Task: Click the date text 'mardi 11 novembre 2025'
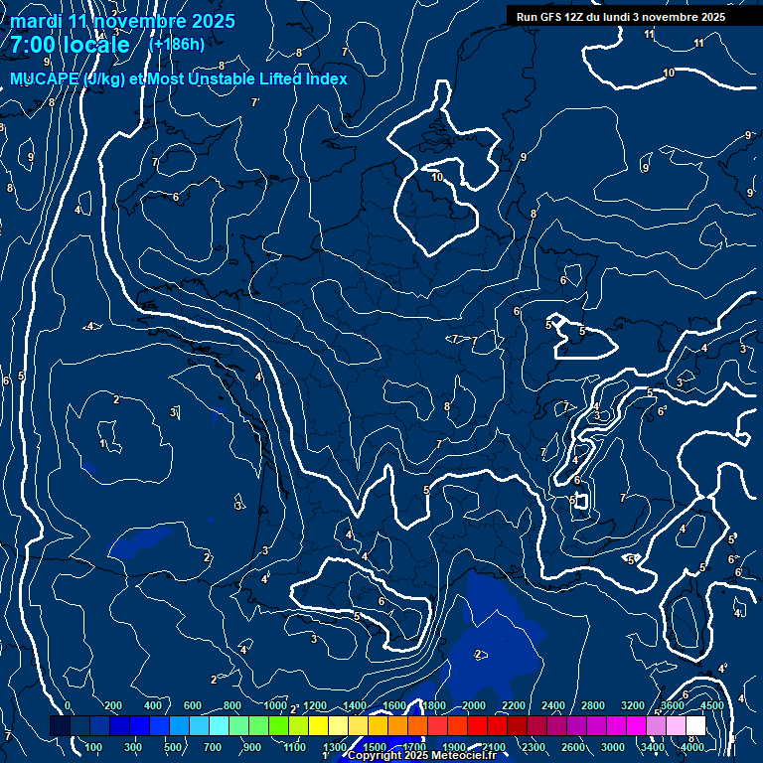(x=123, y=21)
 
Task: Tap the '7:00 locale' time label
(x=70, y=45)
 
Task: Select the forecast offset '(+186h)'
(x=176, y=44)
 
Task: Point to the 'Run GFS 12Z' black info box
(x=621, y=17)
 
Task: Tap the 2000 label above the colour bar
(x=475, y=705)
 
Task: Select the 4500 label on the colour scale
(x=711, y=705)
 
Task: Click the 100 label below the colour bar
(x=94, y=747)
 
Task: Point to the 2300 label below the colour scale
(x=534, y=747)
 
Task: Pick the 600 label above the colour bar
(x=193, y=705)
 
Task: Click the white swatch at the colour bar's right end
(x=695, y=726)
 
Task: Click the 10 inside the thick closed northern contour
(x=437, y=177)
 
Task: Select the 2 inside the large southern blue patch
(x=478, y=654)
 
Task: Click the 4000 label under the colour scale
(x=692, y=747)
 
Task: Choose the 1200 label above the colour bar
(x=315, y=705)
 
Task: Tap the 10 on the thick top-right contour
(x=669, y=73)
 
